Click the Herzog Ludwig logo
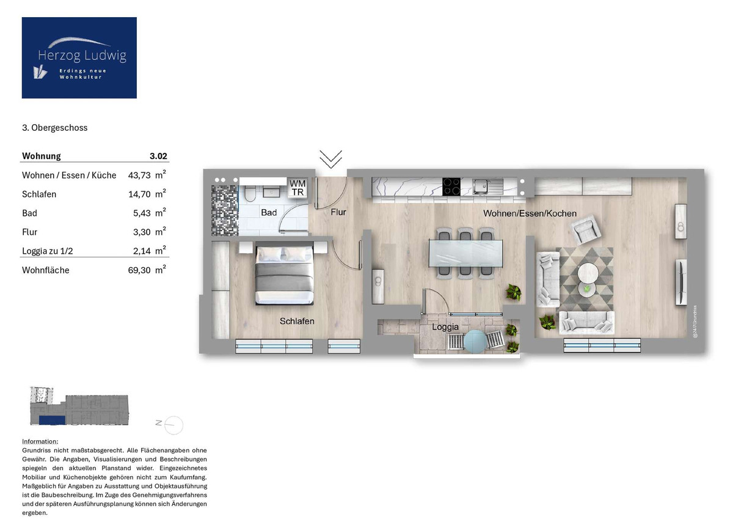coord(79,58)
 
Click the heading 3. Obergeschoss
coord(54,128)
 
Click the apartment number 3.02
coord(158,156)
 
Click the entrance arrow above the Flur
coord(330,159)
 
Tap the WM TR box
coord(297,187)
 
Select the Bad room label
coord(269,213)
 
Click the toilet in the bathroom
coord(250,194)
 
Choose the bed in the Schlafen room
coord(285,274)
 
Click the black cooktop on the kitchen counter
coord(451,186)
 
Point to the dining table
coord(466,252)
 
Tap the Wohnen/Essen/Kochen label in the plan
coord(530,213)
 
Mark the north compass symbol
coord(173,424)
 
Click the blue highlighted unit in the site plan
coord(51,419)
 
